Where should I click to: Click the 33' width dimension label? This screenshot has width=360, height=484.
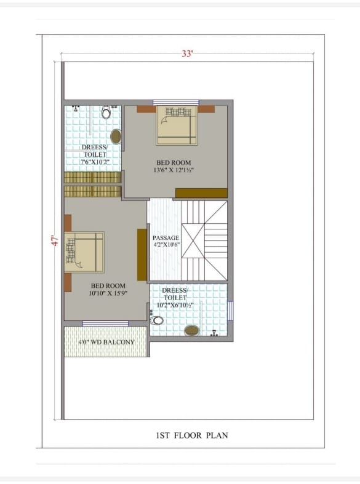pos(187,54)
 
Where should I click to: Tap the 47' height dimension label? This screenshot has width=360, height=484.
pos(55,240)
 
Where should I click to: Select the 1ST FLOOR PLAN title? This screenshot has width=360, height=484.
pos(192,435)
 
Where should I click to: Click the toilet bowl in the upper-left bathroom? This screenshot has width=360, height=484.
pos(106,113)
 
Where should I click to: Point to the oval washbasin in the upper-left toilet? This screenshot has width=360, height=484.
pos(116,137)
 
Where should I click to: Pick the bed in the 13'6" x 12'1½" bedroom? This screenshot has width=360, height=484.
pos(177,125)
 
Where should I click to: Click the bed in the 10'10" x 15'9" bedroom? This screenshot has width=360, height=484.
pos(84,252)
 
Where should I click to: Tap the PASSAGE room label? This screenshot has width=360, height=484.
pos(166,237)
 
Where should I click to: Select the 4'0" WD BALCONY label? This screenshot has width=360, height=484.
pos(106,342)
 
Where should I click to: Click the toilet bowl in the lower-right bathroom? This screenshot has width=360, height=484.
pos(157,320)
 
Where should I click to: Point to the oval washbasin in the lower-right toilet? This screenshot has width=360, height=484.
pos(192,331)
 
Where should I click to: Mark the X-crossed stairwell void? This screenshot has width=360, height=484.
pos(193,240)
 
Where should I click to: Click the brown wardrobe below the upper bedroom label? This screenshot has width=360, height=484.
pos(202,193)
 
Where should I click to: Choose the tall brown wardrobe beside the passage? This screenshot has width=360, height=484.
pos(142,255)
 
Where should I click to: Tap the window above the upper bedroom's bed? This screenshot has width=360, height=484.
pos(176,103)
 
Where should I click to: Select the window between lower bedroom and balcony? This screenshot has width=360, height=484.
pos(106,323)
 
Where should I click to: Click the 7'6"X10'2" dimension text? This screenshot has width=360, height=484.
pos(95,162)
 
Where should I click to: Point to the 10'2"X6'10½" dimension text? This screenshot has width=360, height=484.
pos(175,305)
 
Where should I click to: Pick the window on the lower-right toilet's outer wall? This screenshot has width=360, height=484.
pos(230,311)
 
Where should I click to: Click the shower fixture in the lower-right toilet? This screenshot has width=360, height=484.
pos(214,333)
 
